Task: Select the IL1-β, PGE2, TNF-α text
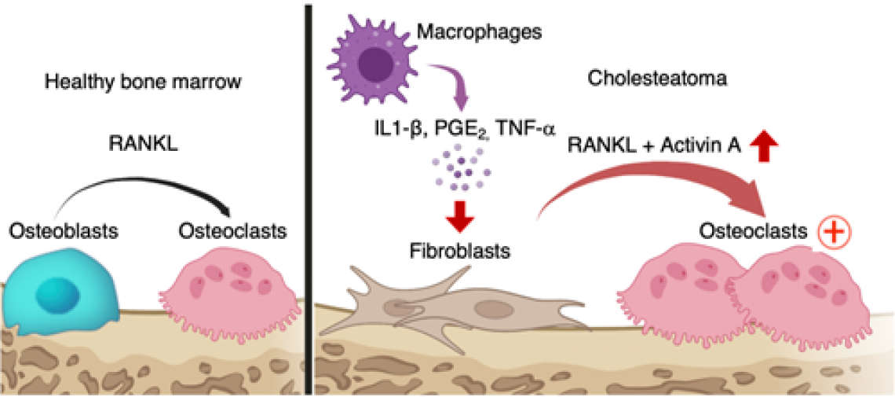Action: [464, 130]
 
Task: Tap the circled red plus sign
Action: [834, 231]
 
